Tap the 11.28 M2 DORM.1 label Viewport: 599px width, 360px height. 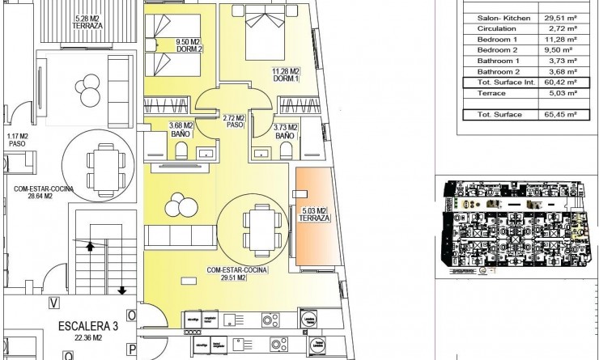point(285,74)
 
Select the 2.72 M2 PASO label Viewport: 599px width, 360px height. point(235,122)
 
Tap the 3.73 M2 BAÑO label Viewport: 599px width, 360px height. point(284,132)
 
